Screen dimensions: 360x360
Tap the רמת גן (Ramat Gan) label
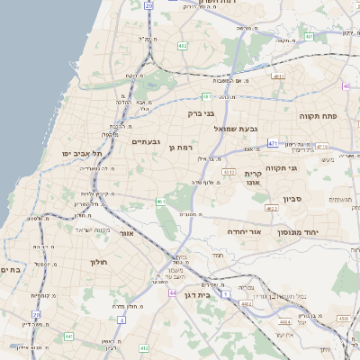click(x=181, y=147)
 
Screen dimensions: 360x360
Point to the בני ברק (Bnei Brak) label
click(x=202, y=114)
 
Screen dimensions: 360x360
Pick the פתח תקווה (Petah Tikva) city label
click(x=318, y=116)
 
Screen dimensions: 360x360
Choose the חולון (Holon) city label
click(x=98, y=262)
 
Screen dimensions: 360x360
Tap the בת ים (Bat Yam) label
click(x=10, y=269)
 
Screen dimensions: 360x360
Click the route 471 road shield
click(x=272, y=143)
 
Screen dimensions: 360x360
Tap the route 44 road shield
click(x=172, y=292)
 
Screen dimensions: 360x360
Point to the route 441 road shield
click(x=68, y=337)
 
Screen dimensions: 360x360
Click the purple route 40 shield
click(x=346, y=85)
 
